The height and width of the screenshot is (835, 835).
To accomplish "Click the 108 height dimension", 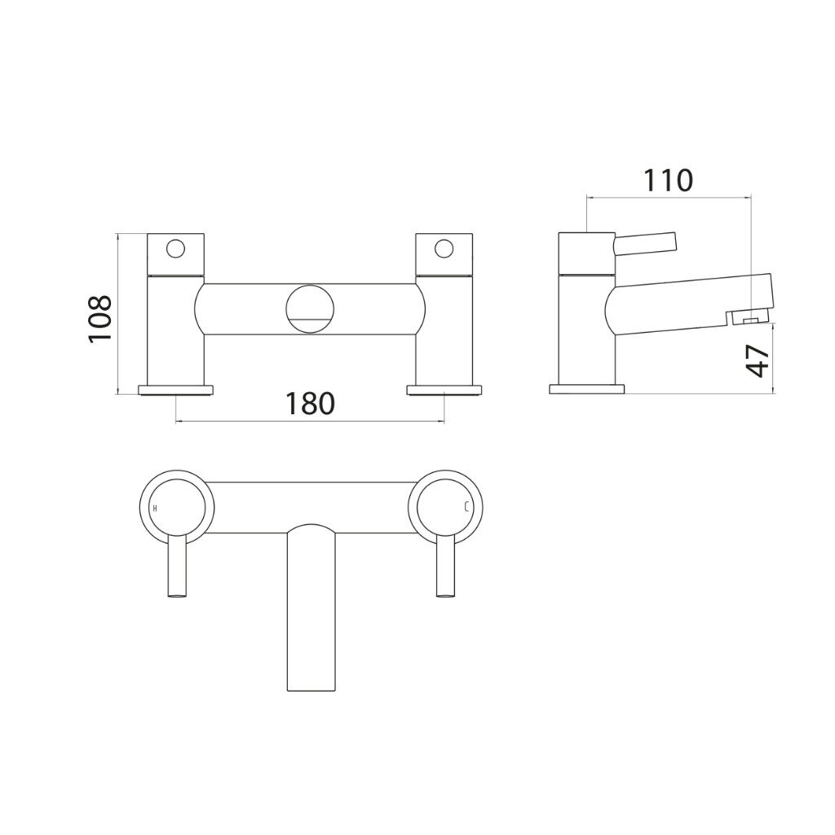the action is pyautogui.click(x=100, y=319).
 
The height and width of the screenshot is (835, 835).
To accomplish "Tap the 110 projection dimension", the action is pyautogui.click(x=668, y=180).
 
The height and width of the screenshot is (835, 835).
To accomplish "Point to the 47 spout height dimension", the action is pyautogui.click(x=758, y=361).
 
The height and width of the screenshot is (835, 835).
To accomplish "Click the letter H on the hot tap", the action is pyautogui.click(x=155, y=507).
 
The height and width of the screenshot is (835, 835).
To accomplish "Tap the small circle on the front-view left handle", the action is pyautogui.click(x=175, y=249).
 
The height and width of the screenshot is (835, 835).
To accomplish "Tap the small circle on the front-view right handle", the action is pyautogui.click(x=444, y=249).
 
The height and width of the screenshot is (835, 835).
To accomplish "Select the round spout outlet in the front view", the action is pyautogui.click(x=311, y=309).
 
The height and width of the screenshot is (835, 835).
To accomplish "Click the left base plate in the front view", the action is pyautogui.click(x=176, y=390).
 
